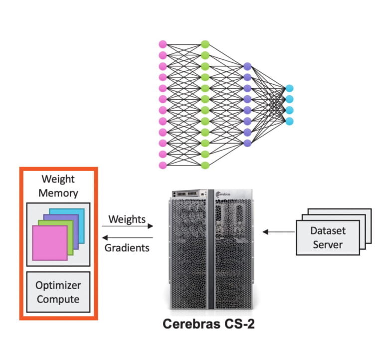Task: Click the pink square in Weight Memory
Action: click(x=49, y=243)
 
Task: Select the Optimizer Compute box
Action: click(x=57, y=292)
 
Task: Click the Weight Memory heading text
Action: click(x=58, y=186)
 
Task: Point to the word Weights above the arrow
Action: click(x=127, y=219)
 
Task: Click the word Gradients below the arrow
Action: click(x=127, y=248)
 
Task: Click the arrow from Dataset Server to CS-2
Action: click(x=278, y=231)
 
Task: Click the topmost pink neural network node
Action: click(x=162, y=44)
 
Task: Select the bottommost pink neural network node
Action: click(x=162, y=165)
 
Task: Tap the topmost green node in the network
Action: click(x=204, y=44)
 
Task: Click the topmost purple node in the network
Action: click(x=247, y=66)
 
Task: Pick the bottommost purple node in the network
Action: click(x=247, y=143)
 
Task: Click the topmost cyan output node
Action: click(x=289, y=88)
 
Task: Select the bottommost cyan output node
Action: click(x=289, y=121)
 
